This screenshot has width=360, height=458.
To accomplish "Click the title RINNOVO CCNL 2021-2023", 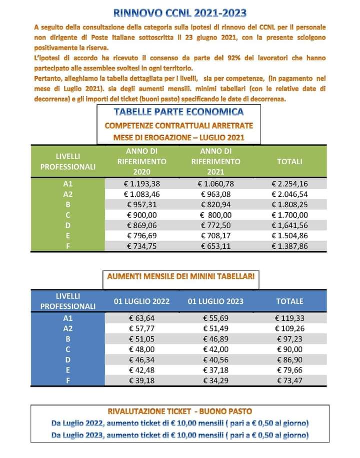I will point(180,12).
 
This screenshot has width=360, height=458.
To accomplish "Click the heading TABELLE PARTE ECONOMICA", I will point(178,112).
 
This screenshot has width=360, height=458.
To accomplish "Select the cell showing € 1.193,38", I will point(141,184).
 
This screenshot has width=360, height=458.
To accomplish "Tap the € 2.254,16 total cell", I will point(289,184).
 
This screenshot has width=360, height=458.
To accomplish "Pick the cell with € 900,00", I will point(141,215).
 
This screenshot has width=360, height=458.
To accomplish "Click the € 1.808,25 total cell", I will point(289,205).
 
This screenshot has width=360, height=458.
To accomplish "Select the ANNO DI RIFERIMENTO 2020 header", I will point(141,161).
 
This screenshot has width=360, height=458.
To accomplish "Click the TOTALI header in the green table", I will point(289,162).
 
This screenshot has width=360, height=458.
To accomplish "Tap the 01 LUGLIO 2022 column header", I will point(141,301).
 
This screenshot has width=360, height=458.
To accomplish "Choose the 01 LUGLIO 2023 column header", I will point(215,301).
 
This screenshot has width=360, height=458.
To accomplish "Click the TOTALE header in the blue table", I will point(289,301).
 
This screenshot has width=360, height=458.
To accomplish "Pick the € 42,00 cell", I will point(215,349).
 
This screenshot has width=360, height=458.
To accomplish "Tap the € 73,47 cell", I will point(289,380).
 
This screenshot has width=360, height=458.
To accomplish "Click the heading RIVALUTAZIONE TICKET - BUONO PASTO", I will point(180,413).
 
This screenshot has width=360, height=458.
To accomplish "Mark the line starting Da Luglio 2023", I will point(180,435).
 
